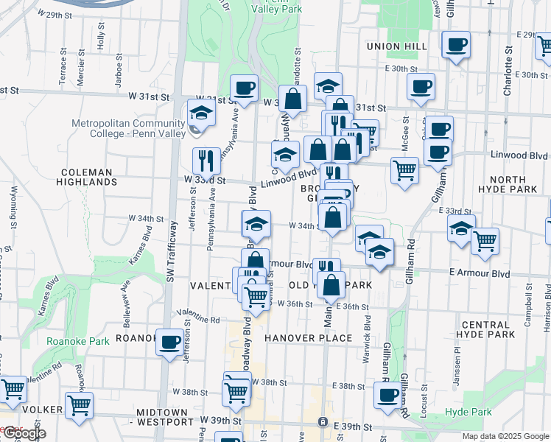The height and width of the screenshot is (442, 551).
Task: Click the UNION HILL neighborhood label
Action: point(396,46)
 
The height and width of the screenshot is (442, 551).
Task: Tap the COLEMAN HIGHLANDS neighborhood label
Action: point(88,178)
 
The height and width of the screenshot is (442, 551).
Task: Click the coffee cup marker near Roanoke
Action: point(170,342)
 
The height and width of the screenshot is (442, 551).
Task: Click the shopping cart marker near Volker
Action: point(79,404)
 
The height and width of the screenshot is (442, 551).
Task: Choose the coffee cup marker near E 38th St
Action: point(387,394)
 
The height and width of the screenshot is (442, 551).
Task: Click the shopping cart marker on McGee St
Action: point(404,170)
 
